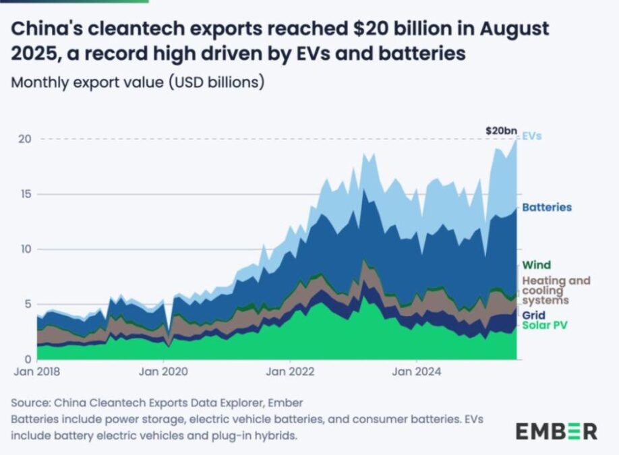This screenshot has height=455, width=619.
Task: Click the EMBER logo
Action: click(556, 431)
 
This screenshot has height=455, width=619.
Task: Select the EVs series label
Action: click(532, 136)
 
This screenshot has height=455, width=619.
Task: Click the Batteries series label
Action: click(547, 208)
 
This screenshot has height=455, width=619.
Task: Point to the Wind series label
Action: click(537, 265)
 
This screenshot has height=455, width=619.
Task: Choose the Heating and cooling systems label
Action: click(556, 290)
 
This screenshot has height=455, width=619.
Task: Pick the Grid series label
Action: click(534, 315)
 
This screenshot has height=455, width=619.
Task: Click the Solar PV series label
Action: click(546, 326)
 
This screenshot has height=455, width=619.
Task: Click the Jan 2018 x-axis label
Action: click(37, 371)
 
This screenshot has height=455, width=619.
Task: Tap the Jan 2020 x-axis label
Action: click(163, 371)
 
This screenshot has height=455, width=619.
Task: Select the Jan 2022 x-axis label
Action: click(289, 371)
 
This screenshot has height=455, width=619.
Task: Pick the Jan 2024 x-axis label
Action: click(416, 371)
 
